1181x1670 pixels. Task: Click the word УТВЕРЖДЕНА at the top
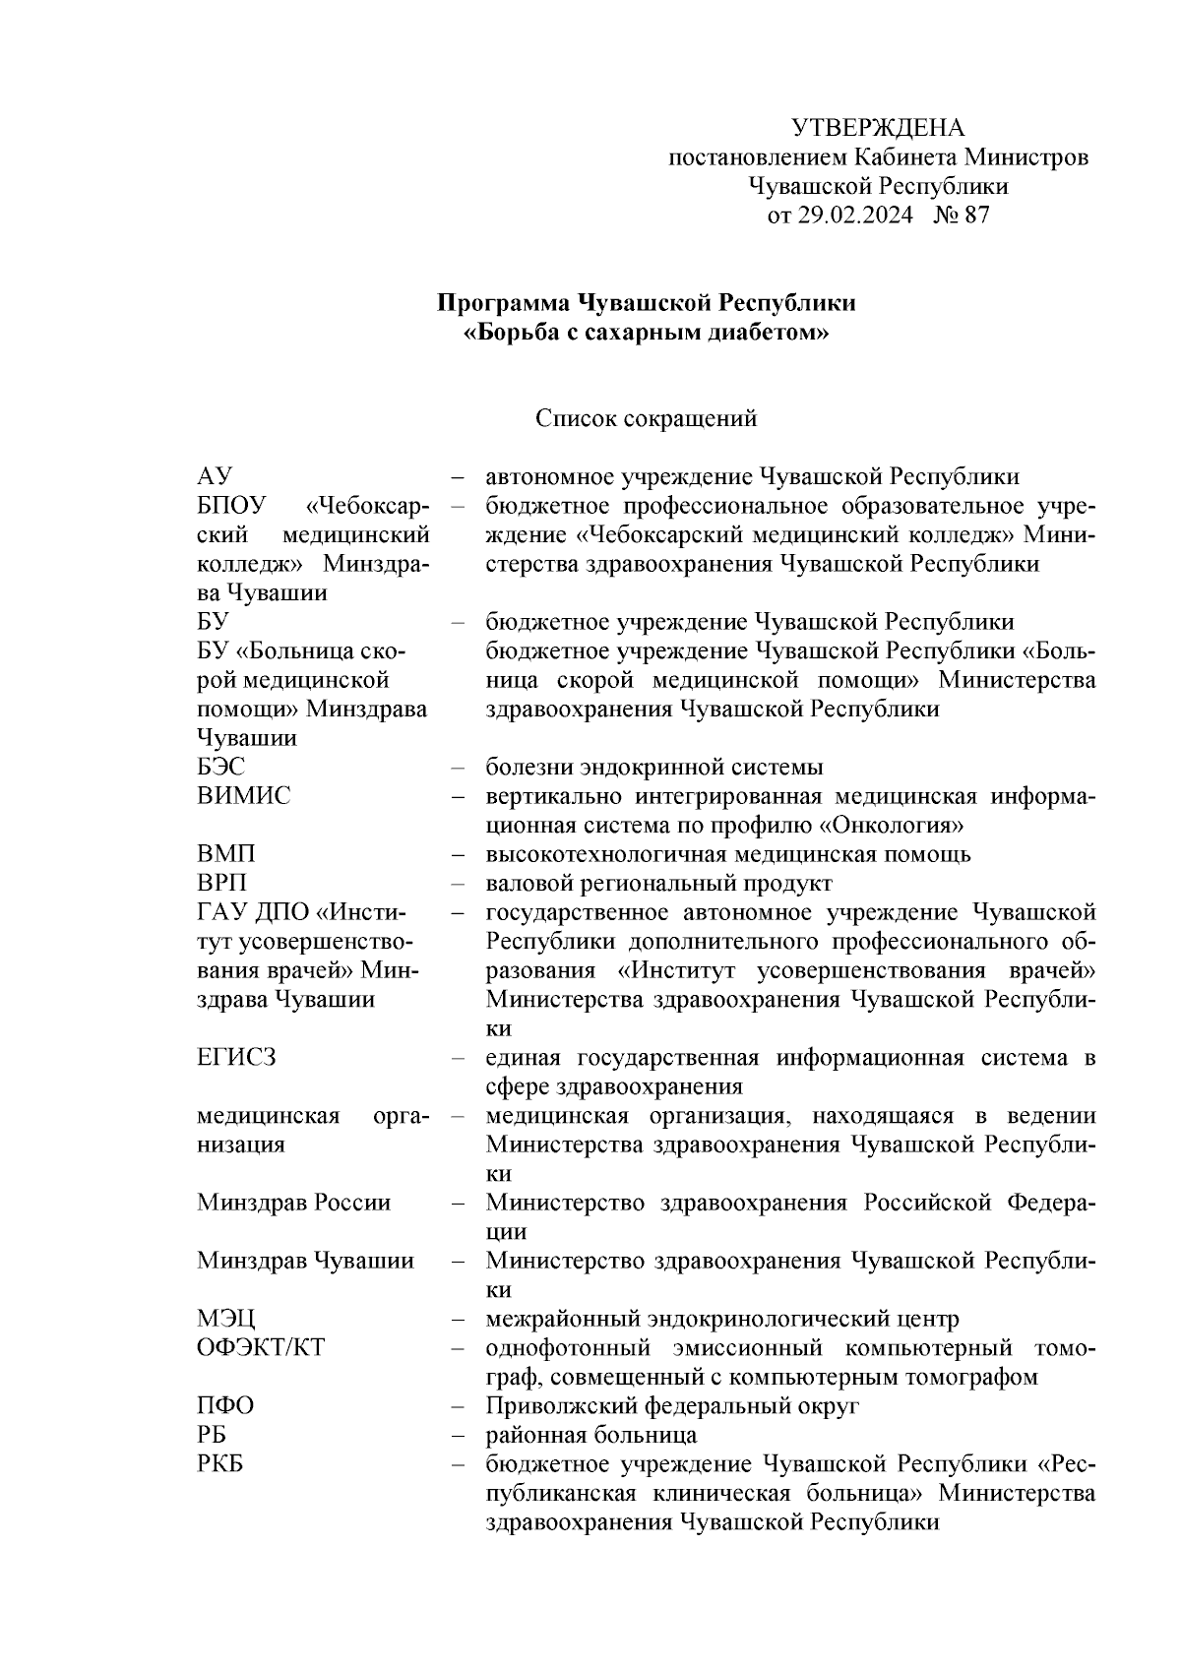pos(878,128)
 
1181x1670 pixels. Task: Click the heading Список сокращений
pos(646,419)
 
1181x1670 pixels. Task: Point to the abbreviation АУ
pos(214,477)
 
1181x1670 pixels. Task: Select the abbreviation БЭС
pos(220,767)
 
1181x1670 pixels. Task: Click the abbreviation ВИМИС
pos(243,796)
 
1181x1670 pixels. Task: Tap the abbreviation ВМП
pos(225,854)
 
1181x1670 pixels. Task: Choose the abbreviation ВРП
pos(221,883)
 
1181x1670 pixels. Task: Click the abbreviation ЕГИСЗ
pos(236,1057)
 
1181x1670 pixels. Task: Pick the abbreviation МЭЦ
pos(225,1319)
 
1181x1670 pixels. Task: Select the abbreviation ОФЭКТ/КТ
pos(260,1347)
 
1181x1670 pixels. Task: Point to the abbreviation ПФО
pos(225,1405)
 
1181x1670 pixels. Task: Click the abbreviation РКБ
pos(220,1463)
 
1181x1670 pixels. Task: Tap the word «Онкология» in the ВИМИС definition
pos(891,826)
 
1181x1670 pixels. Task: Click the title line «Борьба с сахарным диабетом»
pos(646,333)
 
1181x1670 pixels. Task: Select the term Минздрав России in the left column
pos(293,1203)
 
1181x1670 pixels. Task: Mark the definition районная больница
pos(591,1435)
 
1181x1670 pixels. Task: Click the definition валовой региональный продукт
pos(658,883)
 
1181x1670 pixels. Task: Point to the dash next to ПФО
pos(458,1406)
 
